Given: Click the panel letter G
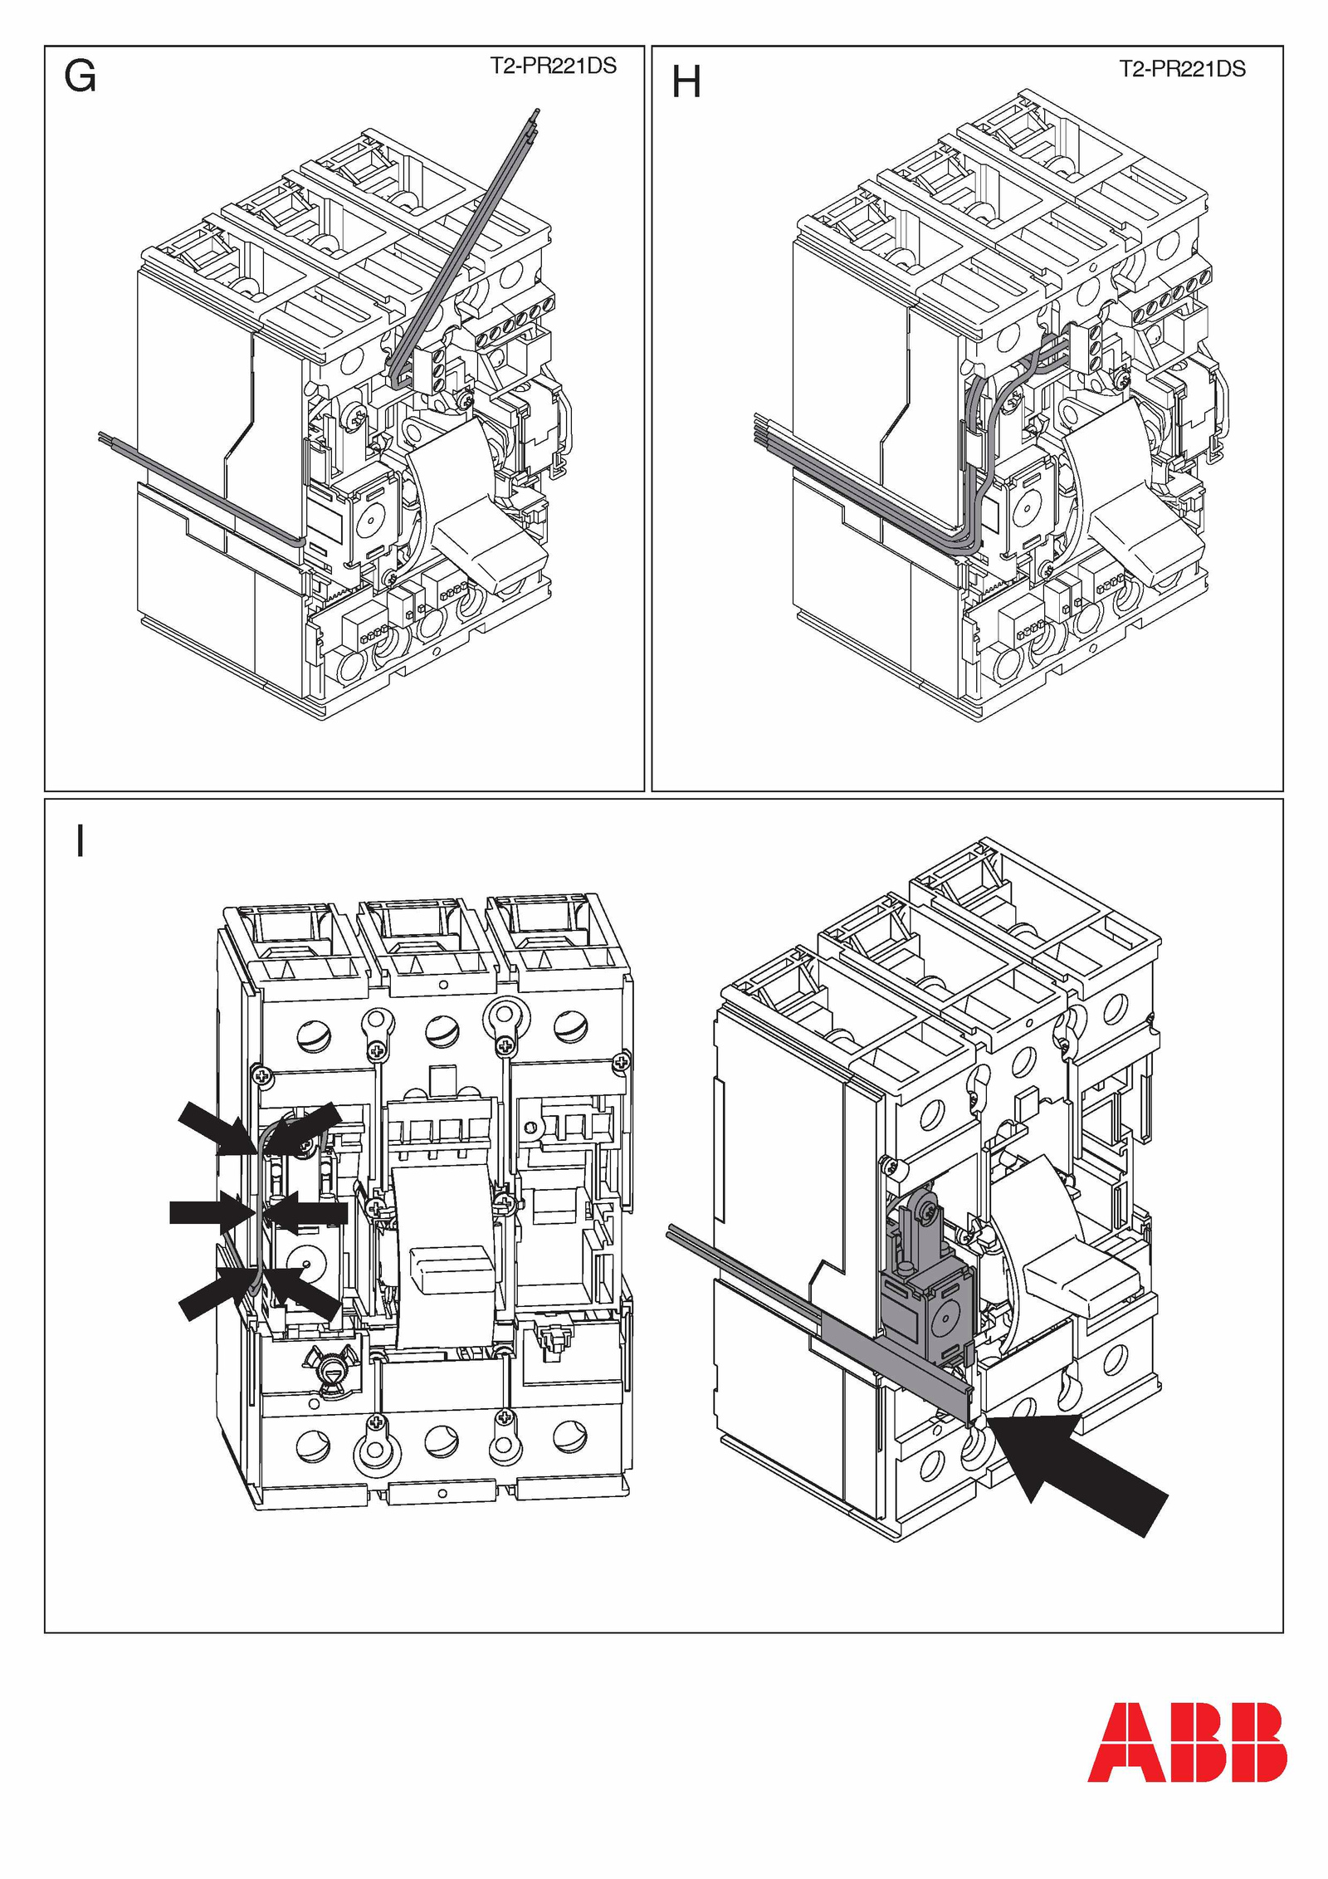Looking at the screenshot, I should [80, 78].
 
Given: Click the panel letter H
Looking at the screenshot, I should [686, 83].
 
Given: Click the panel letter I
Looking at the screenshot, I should [80, 841].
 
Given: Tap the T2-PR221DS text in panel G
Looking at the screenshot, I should [553, 66].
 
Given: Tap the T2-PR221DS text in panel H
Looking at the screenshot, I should [1182, 69].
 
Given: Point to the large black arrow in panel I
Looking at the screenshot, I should [1079, 1470].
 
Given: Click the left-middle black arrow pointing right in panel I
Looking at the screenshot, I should [203, 1211].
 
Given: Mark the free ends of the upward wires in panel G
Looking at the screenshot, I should [535, 116].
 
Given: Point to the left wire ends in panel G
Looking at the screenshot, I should [104, 435].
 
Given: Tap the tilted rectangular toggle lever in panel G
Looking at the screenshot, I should [490, 548].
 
